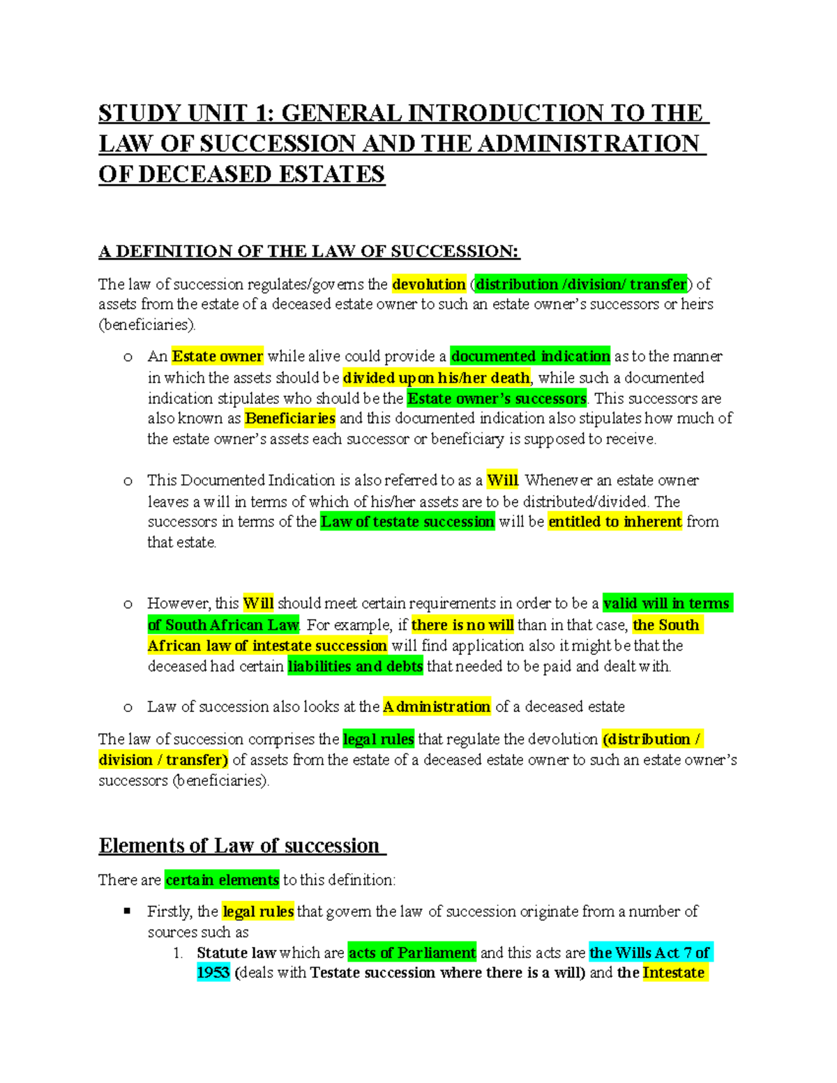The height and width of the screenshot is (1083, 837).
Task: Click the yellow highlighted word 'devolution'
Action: [x=428, y=285]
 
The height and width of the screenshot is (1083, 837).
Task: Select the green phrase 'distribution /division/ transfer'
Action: [x=581, y=285]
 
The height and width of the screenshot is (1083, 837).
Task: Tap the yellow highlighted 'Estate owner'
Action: [x=217, y=356]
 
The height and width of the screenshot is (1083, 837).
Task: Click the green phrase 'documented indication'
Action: [x=530, y=356]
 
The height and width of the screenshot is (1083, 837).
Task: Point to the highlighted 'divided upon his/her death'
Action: [x=437, y=378]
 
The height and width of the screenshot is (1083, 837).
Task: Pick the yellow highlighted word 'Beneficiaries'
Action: [x=290, y=418]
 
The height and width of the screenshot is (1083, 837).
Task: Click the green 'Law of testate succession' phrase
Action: [x=407, y=522]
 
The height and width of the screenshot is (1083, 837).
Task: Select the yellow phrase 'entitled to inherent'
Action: [x=614, y=522]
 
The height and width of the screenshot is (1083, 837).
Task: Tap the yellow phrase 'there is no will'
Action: [x=462, y=625]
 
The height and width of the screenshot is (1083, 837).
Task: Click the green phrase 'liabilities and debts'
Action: [x=355, y=666]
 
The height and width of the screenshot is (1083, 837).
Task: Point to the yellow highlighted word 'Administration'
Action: [x=437, y=706]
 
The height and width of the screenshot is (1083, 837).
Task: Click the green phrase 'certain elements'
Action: [x=222, y=880]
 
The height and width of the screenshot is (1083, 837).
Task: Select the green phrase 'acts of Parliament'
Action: [x=412, y=953]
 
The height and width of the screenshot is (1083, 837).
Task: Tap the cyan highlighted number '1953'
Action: [x=213, y=973]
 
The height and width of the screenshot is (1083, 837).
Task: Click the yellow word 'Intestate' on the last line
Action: [x=674, y=973]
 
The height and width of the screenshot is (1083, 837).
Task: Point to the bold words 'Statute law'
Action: [x=236, y=953]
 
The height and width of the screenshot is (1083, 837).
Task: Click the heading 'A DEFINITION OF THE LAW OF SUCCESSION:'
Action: [x=309, y=252]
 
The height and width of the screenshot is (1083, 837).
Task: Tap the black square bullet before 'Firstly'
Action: [x=127, y=911]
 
